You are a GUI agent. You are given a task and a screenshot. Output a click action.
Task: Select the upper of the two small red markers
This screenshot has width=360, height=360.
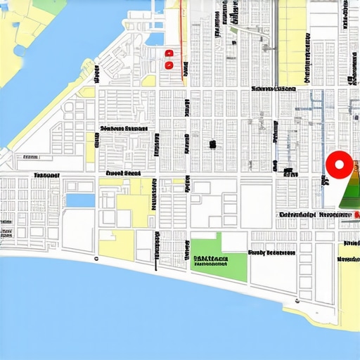(x=168, y=53)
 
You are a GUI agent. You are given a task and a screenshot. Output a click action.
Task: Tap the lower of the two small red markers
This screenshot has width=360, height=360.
(x=168, y=65)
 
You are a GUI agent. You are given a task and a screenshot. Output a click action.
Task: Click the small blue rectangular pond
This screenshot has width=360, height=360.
(x=79, y=200)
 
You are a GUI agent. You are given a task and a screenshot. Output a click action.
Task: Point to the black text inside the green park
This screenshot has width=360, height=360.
(x=210, y=262)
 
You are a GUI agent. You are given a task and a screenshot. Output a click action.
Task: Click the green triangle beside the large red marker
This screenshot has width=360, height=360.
(x=349, y=186)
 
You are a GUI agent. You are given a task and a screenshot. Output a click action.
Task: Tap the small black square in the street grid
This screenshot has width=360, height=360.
(x=212, y=144)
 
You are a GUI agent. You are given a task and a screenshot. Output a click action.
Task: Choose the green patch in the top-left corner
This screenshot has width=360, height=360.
(x=49, y=6)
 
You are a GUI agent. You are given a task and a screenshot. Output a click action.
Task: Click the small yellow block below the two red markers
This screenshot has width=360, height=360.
(x=148, y=80)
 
